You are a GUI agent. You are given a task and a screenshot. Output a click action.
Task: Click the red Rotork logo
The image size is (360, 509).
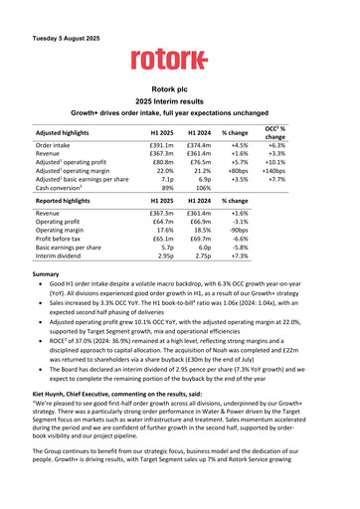pos(179,60)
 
